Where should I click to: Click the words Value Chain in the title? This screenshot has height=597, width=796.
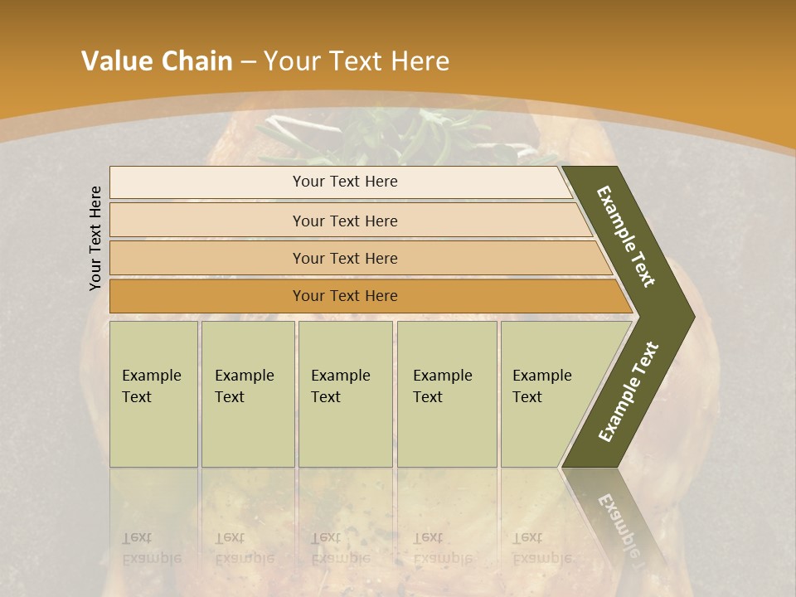(x=157, y=61)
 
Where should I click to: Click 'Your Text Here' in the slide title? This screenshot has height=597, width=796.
(x=357, y=61)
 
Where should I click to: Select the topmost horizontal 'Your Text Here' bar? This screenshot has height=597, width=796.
(x=344, y=182)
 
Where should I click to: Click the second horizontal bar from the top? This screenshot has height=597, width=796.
(x=344, y=221)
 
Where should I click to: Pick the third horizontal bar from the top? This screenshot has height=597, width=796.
(x=344, y=258)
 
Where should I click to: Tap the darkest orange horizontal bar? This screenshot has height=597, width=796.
(x=344, y=296)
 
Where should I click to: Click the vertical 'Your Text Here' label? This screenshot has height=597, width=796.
(x=95, y=238)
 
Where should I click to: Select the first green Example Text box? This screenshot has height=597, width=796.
(x=153, y=394)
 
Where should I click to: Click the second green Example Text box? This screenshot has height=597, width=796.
(x=247, y=394)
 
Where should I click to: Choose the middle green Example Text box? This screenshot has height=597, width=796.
(x=345, y=394)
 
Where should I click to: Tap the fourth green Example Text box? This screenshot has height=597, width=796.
(x=446, y=394)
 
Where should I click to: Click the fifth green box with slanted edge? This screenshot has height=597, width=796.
(x=547, y=394)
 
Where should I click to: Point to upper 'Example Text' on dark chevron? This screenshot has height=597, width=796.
(x=626, y=236)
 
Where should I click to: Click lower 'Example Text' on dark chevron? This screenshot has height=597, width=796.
(x=629, y=391)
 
